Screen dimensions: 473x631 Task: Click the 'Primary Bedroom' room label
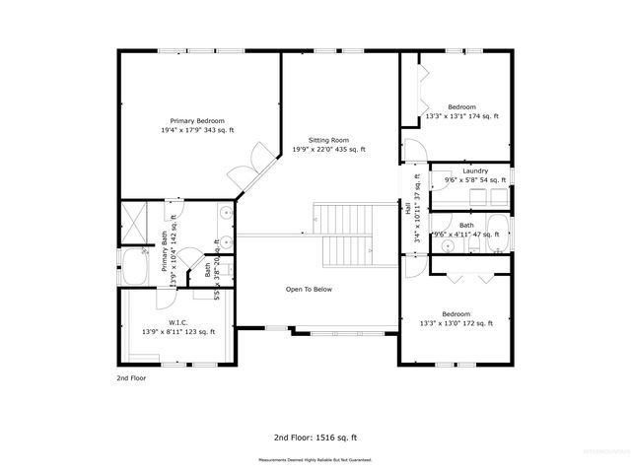point(188,119)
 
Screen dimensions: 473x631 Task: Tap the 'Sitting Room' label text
point(328,141)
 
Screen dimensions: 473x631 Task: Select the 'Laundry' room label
point(474,171)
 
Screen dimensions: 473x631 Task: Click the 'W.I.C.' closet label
point(178,322)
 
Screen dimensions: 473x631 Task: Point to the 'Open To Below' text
point(309,290)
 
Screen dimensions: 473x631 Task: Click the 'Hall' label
point(407,208)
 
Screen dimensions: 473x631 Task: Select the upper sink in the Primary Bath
point(226,212)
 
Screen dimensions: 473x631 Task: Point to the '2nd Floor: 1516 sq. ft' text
point(315,436)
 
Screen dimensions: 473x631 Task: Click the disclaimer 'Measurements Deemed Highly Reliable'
point(315,460)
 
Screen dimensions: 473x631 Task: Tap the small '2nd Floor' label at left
point(131,377)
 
